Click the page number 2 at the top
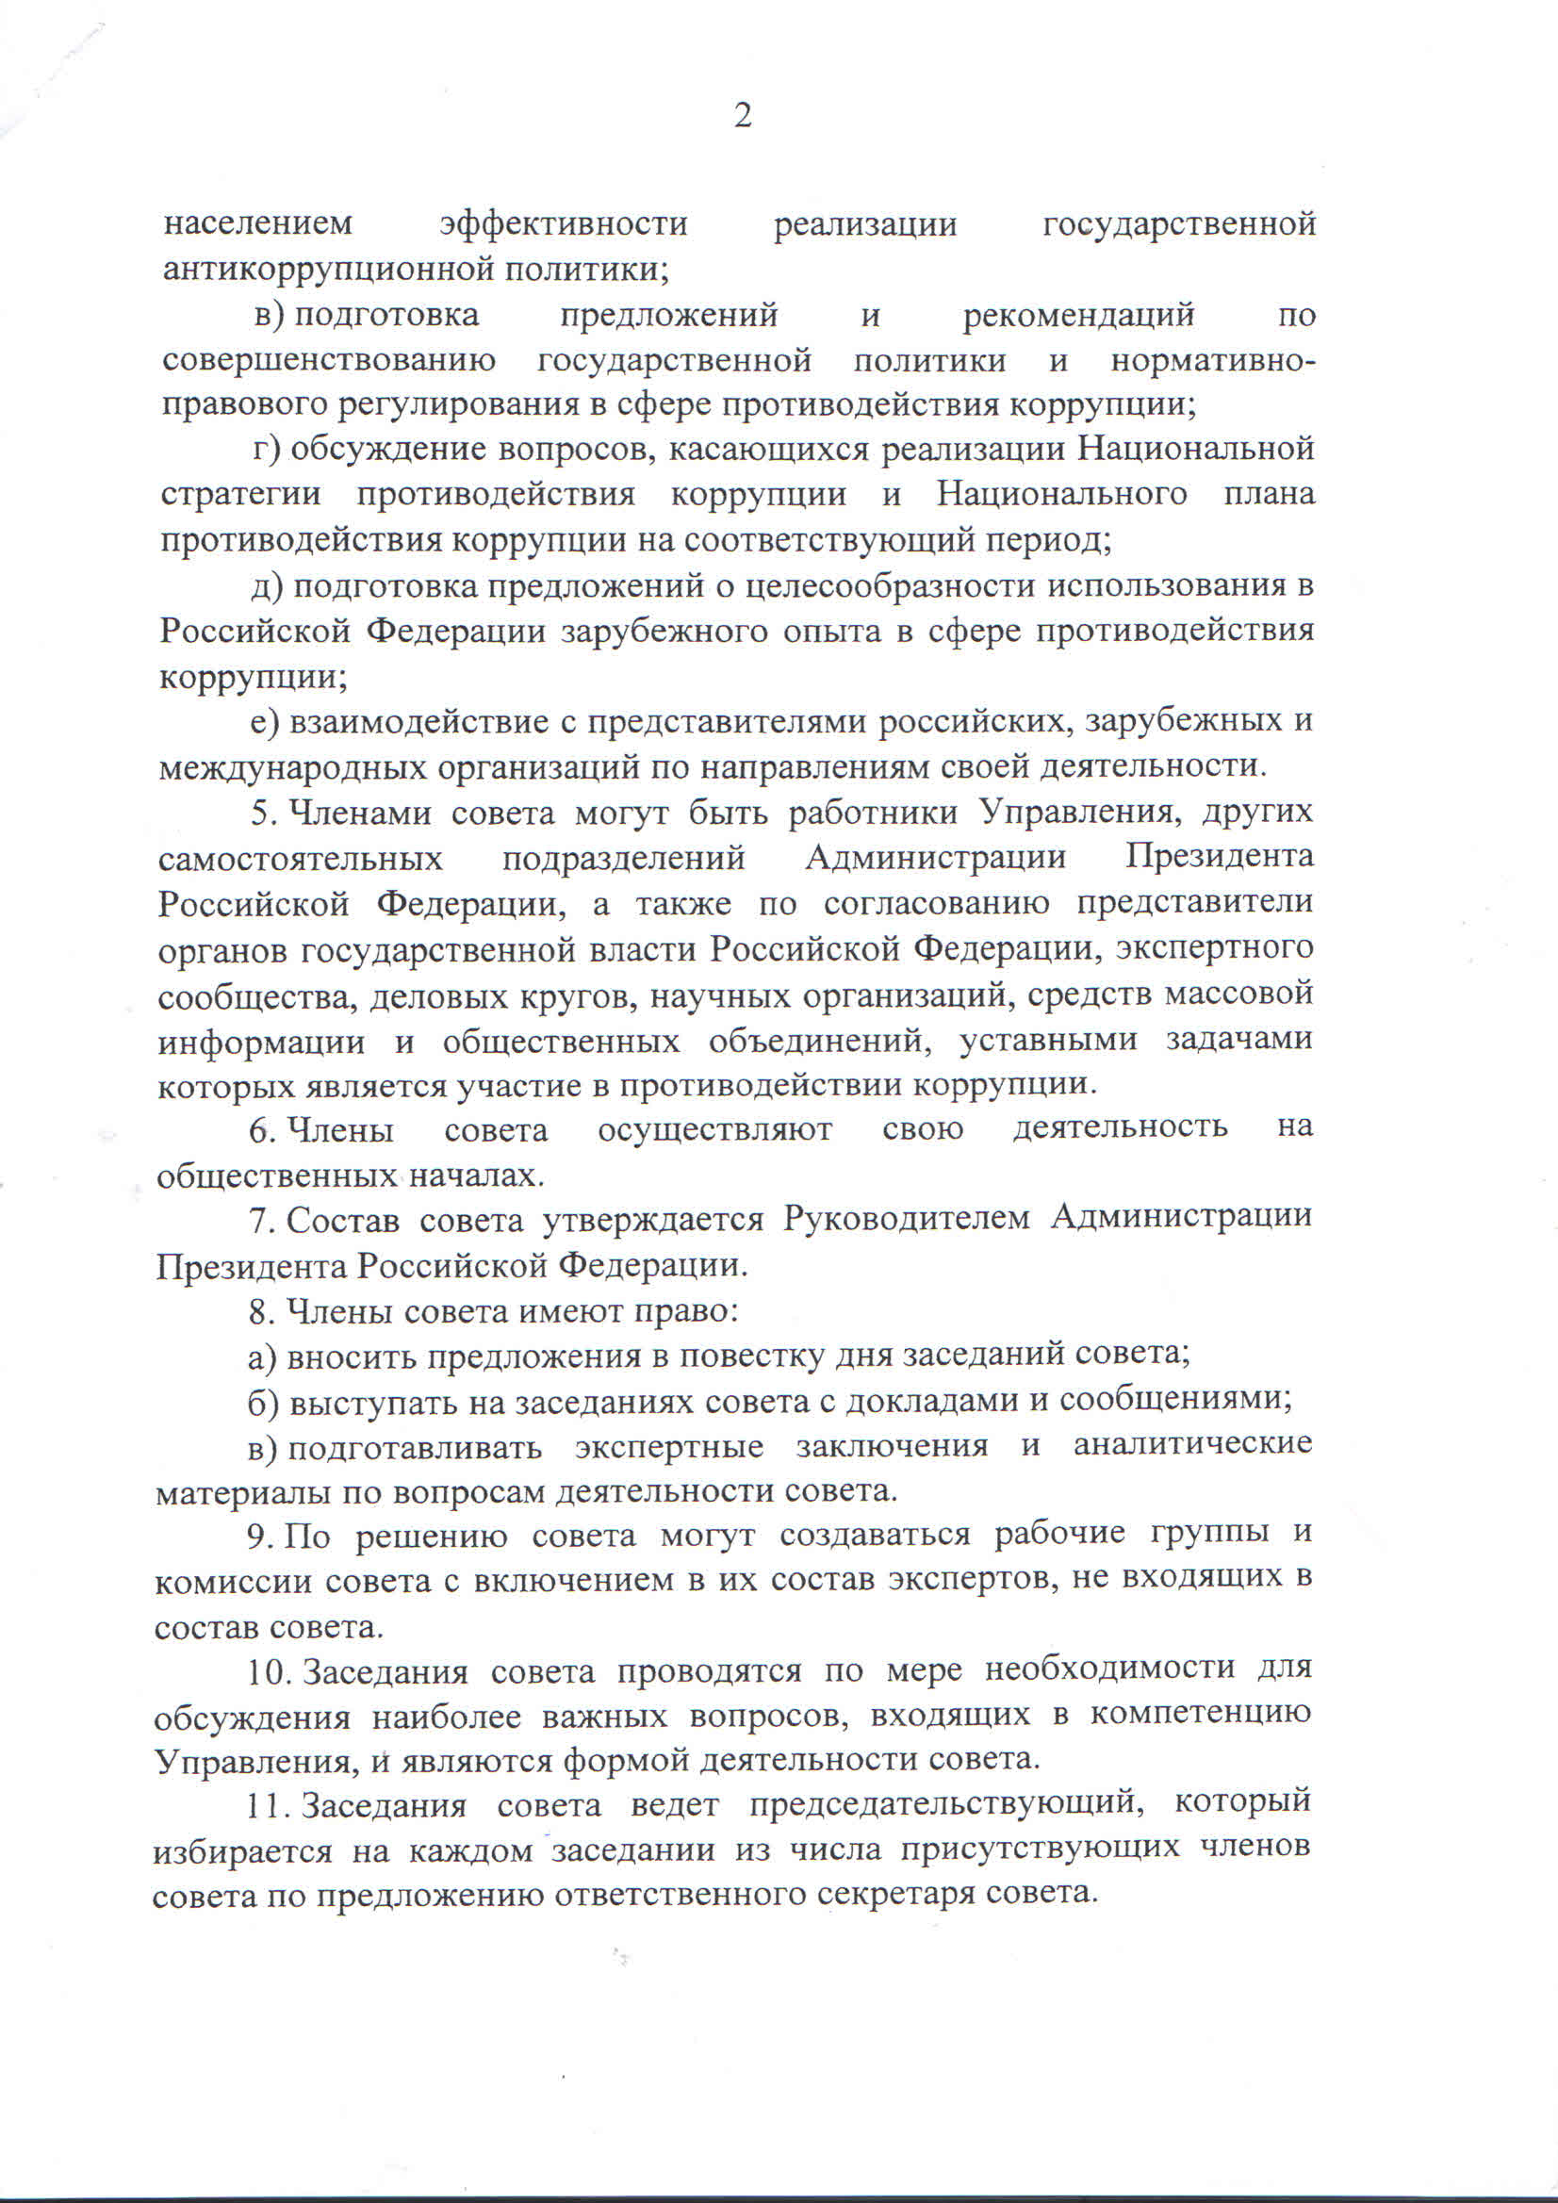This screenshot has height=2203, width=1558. pos(742,117)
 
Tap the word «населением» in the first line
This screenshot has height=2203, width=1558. pos(258,223)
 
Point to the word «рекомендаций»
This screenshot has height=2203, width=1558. pos(1078,315)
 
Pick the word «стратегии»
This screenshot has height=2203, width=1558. pos(239,495)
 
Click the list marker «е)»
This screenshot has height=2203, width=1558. pos(265,721)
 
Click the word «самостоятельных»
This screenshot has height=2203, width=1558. pos(301,859)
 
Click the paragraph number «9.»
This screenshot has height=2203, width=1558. pos(262,1537)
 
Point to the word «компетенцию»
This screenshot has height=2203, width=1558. pos(1199,1715)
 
